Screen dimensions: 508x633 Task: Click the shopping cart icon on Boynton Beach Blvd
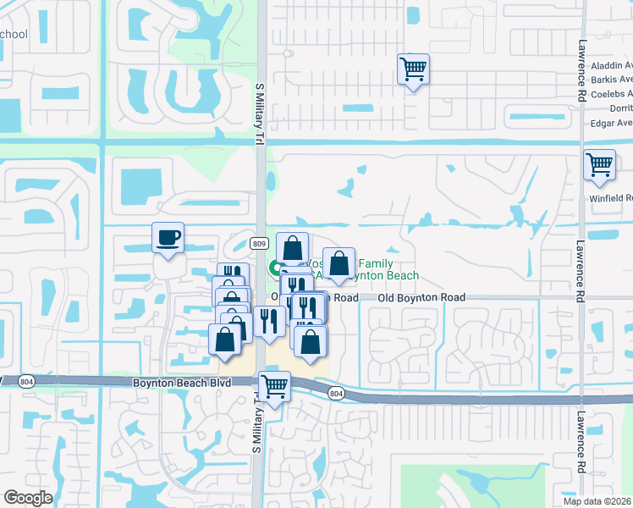click(274, 386)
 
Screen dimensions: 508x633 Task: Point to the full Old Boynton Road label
click(421, 298)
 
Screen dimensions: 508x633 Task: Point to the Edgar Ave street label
click(614, 122)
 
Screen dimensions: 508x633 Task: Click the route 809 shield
click(260, 244)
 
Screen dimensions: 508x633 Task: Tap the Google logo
click(28, 498)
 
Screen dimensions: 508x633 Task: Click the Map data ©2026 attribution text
click(597, 501)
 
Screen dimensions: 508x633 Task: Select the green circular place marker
click(275, 269)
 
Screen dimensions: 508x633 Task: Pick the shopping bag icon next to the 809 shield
click(292, 247)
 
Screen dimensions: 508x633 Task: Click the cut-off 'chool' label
click(14, 35)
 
